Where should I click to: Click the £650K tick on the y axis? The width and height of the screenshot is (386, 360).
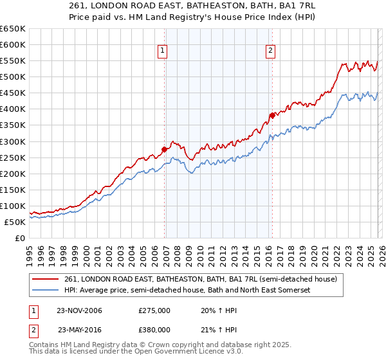(13, 29)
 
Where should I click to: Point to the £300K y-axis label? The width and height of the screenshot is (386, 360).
(13, 141)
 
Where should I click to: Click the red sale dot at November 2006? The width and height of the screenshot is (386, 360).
(165, 149)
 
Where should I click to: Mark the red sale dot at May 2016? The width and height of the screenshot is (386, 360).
(272, 115)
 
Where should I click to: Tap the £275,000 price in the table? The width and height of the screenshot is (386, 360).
(154, 310)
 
